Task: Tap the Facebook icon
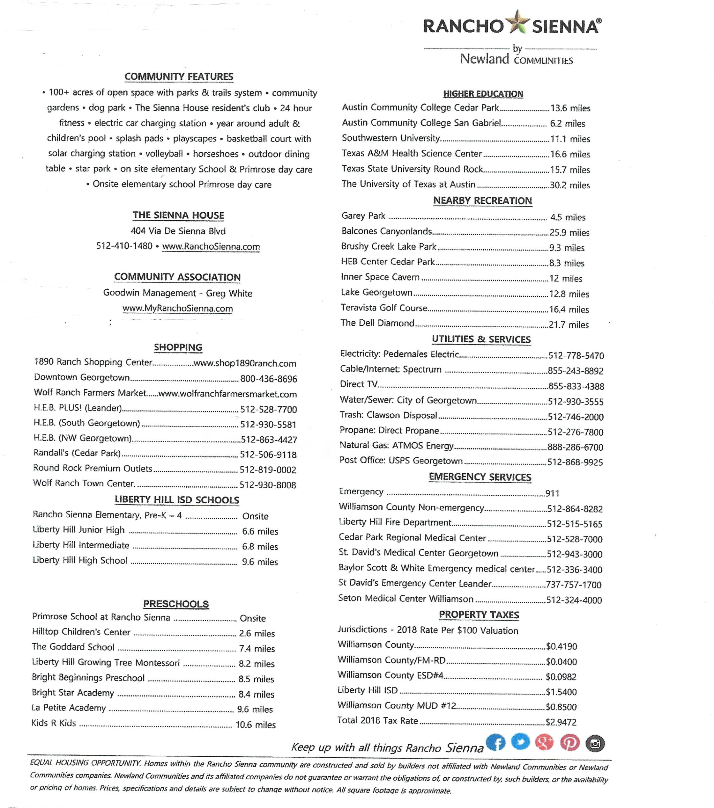click(496, 742)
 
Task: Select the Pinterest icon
click(569, 743)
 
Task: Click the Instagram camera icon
click(595, 744)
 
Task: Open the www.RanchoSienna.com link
click(211, 247)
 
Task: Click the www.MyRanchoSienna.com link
click(178, 308)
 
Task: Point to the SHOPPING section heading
click(178, 347)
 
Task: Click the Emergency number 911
click(552, 493)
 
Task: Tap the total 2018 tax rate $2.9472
click(561, 722)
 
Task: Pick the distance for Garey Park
click(568, 217)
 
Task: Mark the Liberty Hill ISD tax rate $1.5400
click(561, 692)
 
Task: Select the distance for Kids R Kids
click(256, 724)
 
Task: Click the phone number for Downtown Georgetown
click(269, 379)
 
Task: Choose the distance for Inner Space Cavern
click(566, 278)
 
